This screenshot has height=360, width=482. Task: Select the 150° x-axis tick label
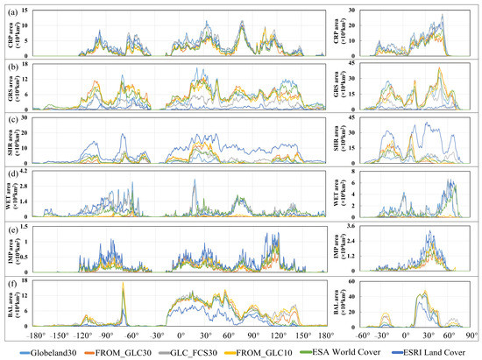coord(302,334)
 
